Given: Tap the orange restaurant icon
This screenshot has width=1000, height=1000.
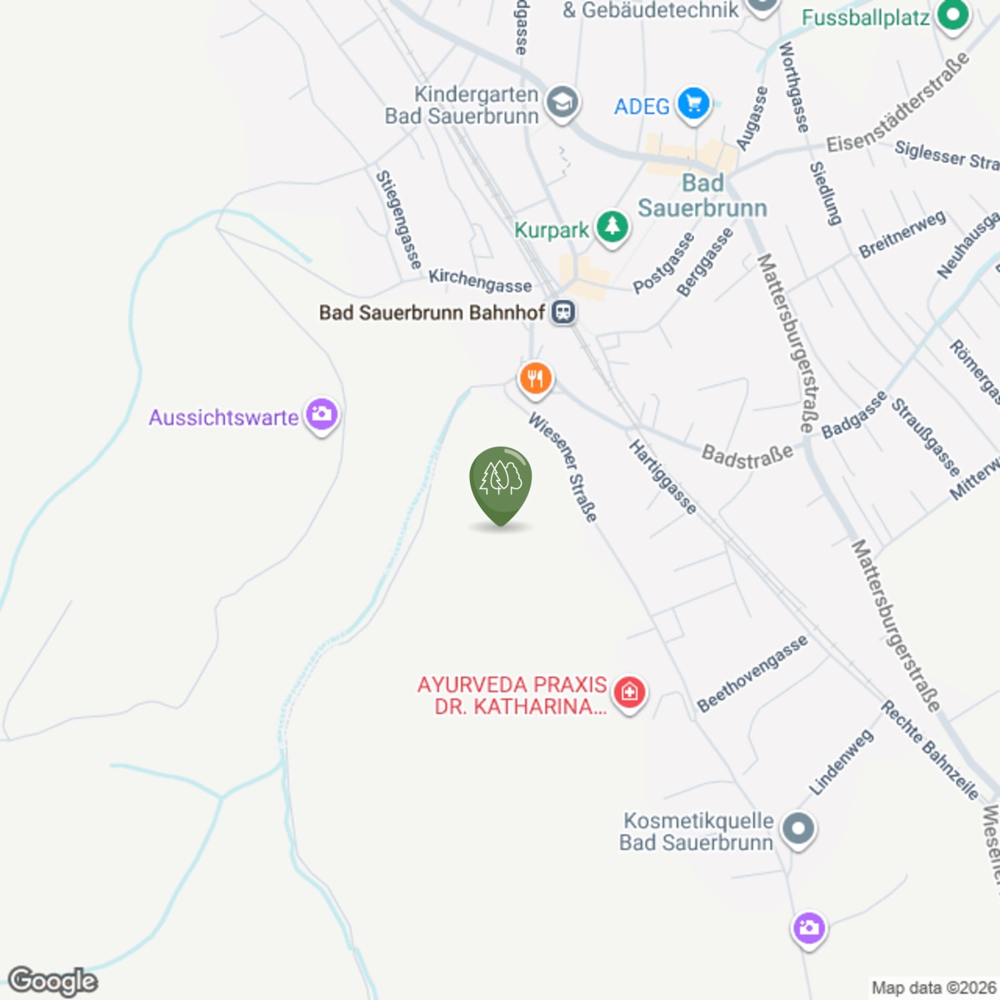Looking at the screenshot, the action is point(536,378).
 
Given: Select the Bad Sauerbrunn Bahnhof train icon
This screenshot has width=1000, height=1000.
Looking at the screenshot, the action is point(564,312).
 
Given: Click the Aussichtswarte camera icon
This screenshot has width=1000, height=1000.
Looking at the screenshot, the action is point(322,414).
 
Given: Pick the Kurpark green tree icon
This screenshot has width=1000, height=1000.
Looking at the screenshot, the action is point(612,227).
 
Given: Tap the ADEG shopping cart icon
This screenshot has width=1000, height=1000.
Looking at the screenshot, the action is point(693,105).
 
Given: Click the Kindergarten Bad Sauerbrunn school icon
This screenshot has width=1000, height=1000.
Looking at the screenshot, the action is point(562,103).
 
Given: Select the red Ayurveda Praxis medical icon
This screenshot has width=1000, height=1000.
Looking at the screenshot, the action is point(629,692).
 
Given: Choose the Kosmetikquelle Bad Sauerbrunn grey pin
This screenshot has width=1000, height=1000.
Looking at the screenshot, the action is point(799,830).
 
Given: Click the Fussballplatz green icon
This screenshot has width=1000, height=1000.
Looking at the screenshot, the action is point(952,15).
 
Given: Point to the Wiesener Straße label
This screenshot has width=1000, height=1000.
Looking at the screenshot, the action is point(563,467).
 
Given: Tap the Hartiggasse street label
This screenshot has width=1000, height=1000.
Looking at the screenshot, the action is point(662,477).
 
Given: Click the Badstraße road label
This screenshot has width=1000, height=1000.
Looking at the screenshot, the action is point(747,456).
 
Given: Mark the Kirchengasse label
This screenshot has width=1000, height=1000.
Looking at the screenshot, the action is point(480,280).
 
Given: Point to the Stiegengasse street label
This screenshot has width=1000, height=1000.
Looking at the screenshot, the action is point(398,219).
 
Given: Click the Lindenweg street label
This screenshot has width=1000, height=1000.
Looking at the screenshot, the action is point(841,762).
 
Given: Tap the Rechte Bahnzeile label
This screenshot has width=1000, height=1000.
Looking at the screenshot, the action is point(929,751).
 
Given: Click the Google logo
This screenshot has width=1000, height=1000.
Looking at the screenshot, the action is point(52,981).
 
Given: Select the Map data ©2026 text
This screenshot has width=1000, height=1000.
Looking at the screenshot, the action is point(932,987).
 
